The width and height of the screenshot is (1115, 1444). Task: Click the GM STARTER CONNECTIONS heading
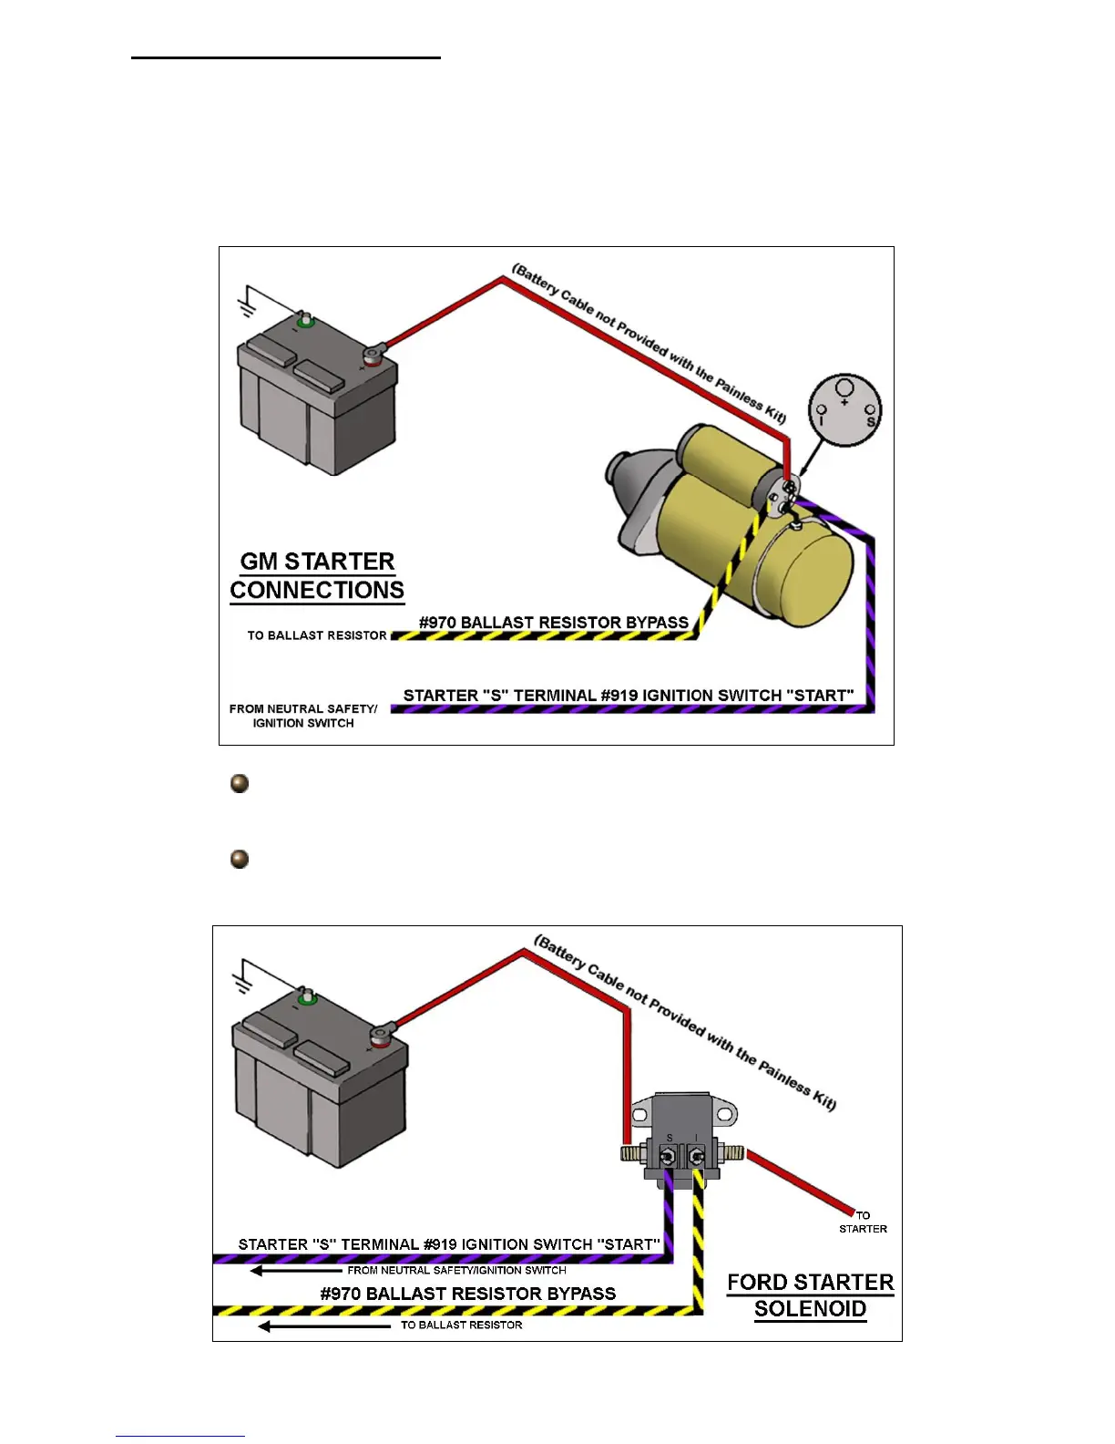point(317,575)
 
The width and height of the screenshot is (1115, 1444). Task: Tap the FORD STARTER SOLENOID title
point(810,1295)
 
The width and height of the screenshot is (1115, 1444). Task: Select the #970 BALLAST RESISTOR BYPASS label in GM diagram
point(553,623)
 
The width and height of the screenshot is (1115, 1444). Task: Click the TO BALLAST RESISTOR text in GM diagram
point(317,635)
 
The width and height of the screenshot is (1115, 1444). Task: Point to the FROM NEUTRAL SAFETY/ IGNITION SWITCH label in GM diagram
point(303,716)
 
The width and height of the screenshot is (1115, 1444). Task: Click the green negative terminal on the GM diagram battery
point(305,321)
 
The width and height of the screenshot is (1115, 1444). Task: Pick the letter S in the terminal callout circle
point(870,422)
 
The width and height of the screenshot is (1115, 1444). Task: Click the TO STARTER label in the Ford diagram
point(863,1222)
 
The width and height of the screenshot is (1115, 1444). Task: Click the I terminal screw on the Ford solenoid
point(697,1157)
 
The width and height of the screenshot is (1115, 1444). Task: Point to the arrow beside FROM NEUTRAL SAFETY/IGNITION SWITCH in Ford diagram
point(295,1271)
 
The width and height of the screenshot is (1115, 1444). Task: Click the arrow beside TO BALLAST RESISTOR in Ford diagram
point(323,1326)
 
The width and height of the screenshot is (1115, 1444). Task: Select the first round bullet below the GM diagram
point(240,783)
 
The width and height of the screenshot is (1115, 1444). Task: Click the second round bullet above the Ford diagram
point(240,859)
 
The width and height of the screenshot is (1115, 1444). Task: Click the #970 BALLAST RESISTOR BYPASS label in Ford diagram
point(467,1294)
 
